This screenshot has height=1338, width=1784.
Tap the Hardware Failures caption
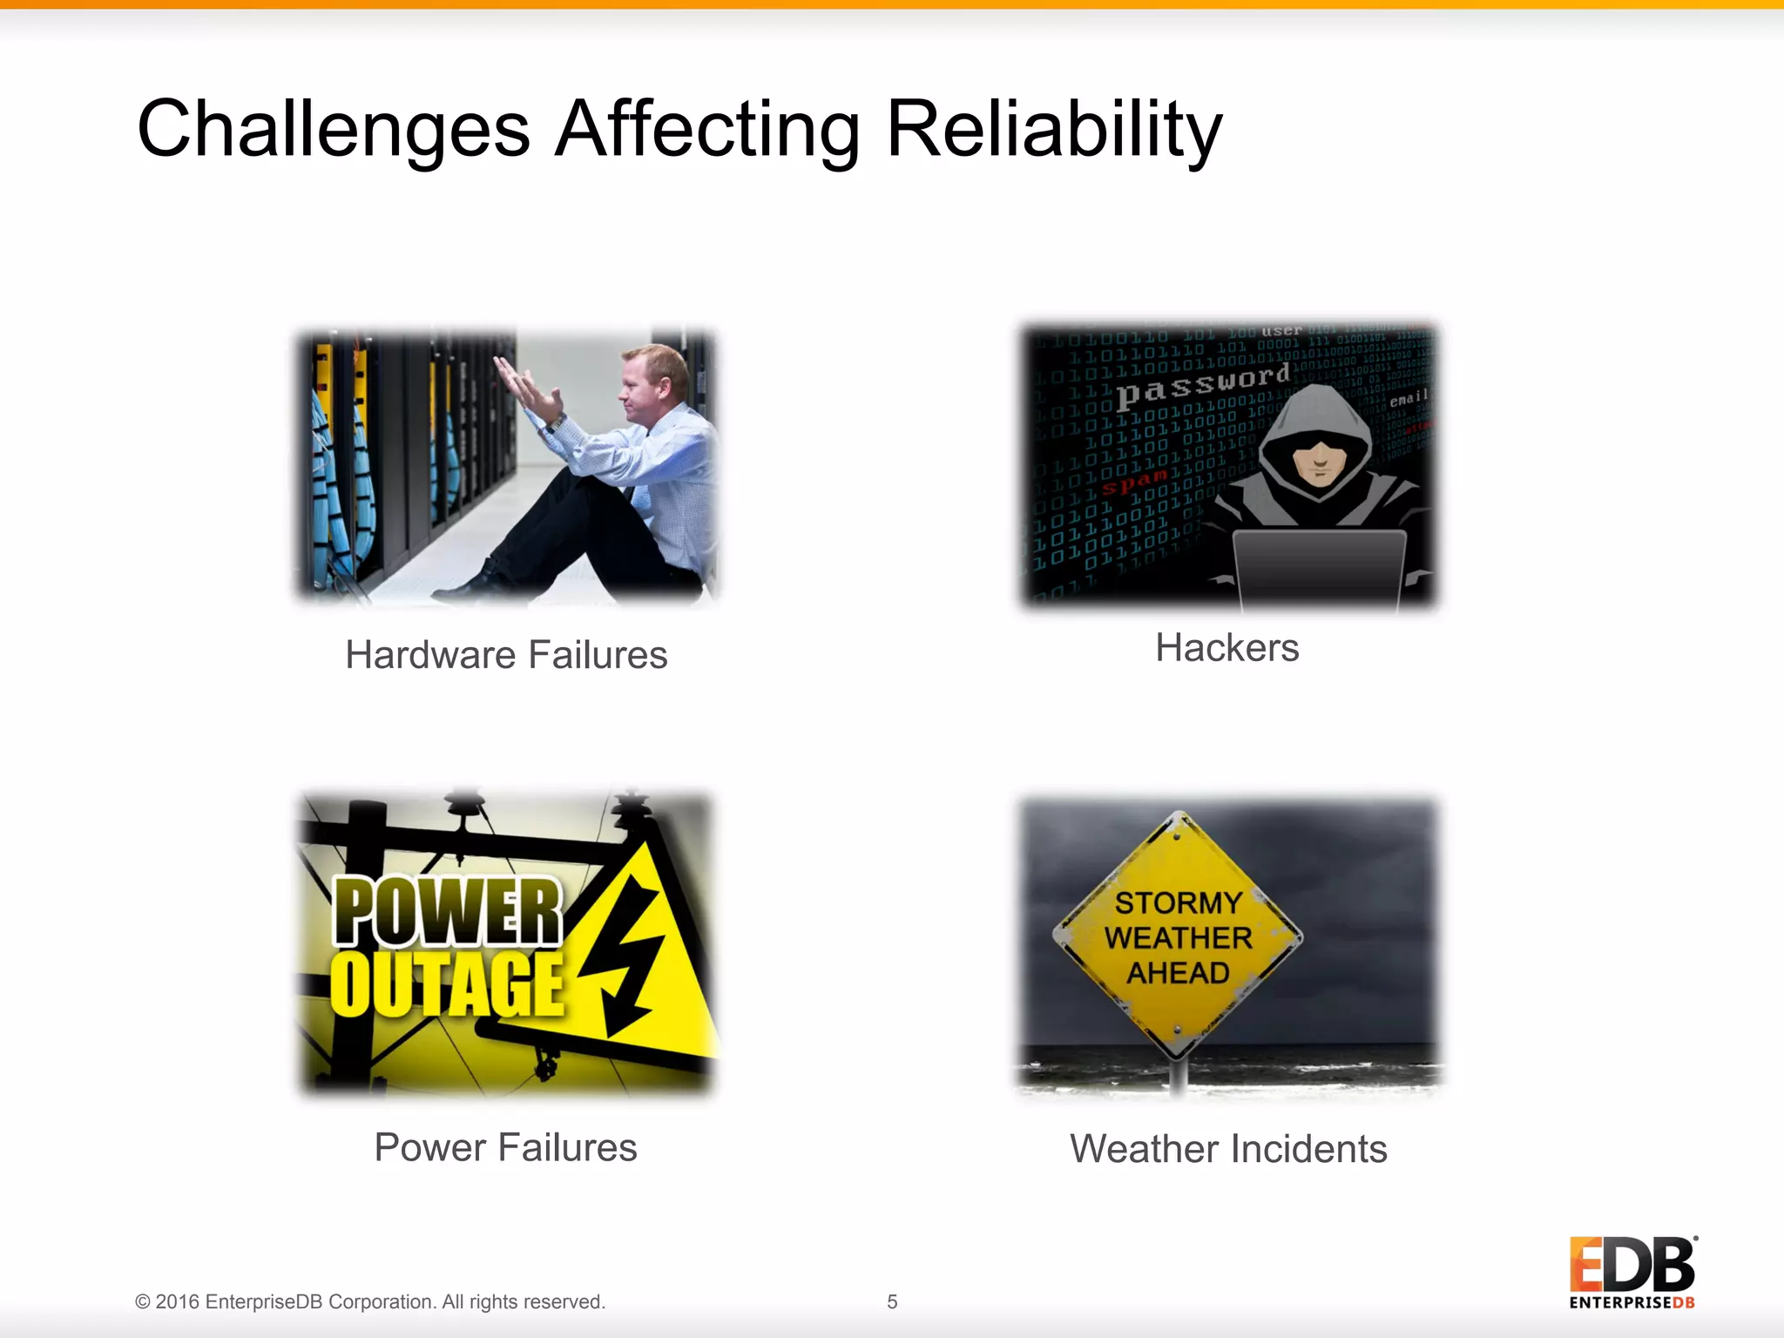pos(506,655)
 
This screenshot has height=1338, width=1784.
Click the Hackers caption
pos(1226,648)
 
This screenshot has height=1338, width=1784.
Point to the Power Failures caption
pos(505,1147)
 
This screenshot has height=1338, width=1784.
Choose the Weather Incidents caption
pos(1228,1149)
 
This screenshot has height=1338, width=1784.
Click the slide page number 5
pos(892,1301)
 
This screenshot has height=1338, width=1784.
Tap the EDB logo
pos(1632,1272)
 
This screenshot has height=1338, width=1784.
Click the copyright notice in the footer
pos(370,1301)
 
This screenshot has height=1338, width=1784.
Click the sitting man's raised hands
pos(527,388)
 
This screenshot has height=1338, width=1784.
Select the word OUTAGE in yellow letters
pos(447,984)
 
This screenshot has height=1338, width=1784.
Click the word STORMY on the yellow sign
pos(1178,902)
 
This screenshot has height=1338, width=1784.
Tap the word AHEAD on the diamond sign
pos(1178,972)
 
